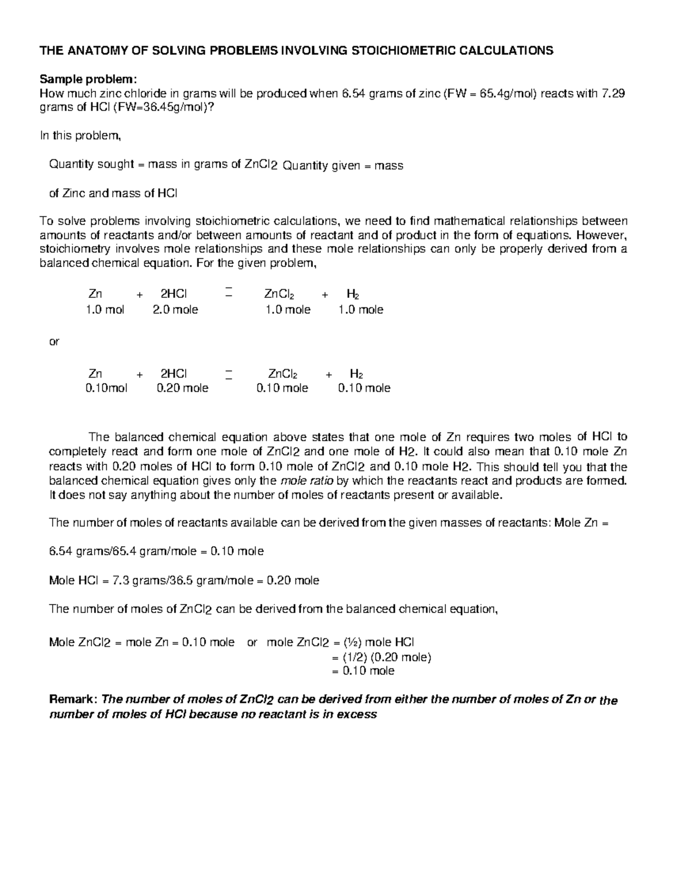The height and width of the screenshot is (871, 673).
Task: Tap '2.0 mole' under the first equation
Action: [x=176, y=310]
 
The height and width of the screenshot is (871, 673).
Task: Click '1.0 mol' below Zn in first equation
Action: [x=105, y=310]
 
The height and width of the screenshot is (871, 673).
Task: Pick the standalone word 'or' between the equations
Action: [x=54, y=341]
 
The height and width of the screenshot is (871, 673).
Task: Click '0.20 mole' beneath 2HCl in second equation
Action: [x=182, y=388]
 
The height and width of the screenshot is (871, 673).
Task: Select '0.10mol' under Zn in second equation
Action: [x=107, y=388]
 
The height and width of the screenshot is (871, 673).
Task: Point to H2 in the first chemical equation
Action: [x=353, y=294]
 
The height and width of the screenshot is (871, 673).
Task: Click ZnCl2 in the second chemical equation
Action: [x=283, y=374]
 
